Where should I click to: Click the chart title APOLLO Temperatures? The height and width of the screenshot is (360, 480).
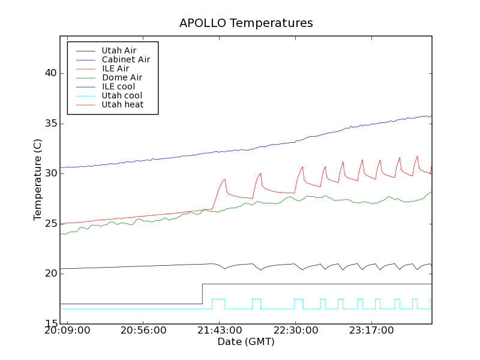click(x=246, y=23)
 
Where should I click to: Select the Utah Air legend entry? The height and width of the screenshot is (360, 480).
click(x=119, y=50)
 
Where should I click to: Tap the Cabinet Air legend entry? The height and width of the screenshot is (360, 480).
click(x=125, y=59)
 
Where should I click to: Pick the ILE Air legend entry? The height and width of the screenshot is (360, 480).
click(x=115, y=68)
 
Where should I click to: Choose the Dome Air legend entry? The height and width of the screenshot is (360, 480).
click(x=122, y=77)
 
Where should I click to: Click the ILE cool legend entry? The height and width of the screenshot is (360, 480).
click(x=118, y=86)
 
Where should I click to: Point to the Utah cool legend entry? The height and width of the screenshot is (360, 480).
click(x=122, y=95)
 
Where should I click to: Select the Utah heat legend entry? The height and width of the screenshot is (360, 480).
click(x=122, y=104)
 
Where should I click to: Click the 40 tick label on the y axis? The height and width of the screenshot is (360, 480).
click(x=50, y=73)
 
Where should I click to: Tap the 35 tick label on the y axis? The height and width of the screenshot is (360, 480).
click(x=50, y=124)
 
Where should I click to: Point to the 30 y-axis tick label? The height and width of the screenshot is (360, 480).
click(x=50, y=173)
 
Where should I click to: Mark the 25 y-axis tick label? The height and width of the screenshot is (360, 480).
click(x=50, y=224)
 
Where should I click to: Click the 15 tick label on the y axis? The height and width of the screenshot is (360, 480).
click(x=50, y=324)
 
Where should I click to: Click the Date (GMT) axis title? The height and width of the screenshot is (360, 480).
click(x=246, y=342)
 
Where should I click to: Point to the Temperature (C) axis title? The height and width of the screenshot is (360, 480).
click(x=38, y=180)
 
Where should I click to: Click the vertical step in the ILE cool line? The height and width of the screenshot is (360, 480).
click(x=202, y=294)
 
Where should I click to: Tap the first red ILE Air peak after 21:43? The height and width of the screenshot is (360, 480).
click(x=224, y=179)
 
